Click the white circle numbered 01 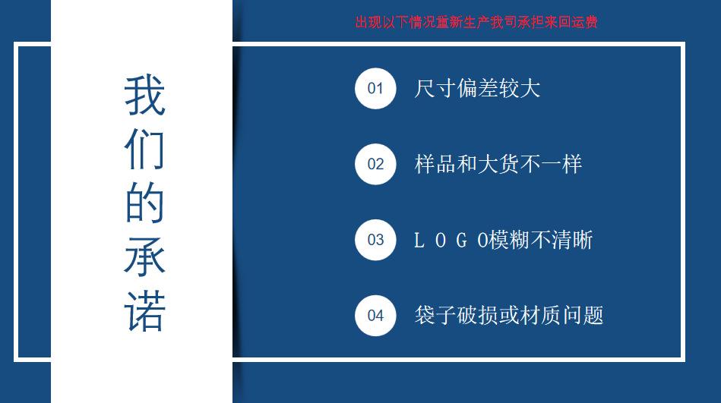(x=375, y=88)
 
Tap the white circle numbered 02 (x=375, y=164)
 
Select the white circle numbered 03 (x=375, y=240)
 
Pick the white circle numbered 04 (x=375, y=315)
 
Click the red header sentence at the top (x=476, y=22)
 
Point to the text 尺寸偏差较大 (x=477, y=88)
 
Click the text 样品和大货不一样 (x=498, y=164)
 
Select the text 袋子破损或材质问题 (x=508, y=315)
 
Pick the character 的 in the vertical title (x=144, y=203)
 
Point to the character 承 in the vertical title (x=144, y=257)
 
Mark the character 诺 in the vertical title (x=144, y=310)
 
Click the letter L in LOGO (x=419, y=241)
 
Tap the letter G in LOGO (x=462, y=241)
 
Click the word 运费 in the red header (x=586, y=22)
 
